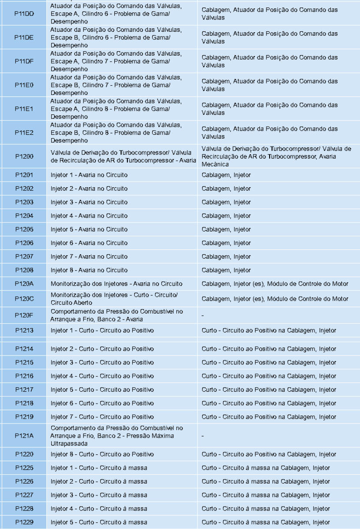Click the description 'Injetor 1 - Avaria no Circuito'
click(89, 175)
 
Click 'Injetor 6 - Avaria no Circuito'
click(89, 243)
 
